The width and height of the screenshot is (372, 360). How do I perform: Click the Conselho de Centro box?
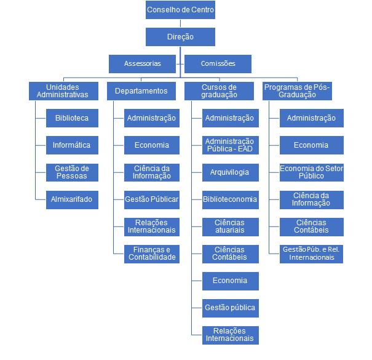180,10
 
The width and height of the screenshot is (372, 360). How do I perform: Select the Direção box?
180,37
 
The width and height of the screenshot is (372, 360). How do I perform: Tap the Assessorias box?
143,64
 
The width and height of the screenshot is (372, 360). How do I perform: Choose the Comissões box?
218,64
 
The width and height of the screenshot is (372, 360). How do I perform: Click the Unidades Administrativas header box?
63,91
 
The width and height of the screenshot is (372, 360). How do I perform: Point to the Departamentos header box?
141,91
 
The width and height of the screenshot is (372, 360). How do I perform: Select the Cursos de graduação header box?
219,91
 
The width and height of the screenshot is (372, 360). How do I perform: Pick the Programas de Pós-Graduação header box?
297,91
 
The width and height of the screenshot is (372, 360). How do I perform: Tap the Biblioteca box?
71,118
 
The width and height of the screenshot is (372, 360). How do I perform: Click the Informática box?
71,145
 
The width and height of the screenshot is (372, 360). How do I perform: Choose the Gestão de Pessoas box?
71,172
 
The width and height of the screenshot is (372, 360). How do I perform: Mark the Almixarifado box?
71,200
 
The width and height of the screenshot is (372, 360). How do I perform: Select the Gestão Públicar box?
151,200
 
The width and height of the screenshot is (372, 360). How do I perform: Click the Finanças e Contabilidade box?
151,254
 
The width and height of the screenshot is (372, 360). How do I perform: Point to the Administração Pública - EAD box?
229,145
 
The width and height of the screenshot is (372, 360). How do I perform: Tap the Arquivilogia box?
229,172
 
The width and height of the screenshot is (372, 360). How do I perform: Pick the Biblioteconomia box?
229,200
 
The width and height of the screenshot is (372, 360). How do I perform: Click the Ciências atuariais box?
229,226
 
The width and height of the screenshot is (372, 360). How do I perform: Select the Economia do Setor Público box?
311,172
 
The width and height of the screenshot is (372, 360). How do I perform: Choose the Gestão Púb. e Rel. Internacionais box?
311,254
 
